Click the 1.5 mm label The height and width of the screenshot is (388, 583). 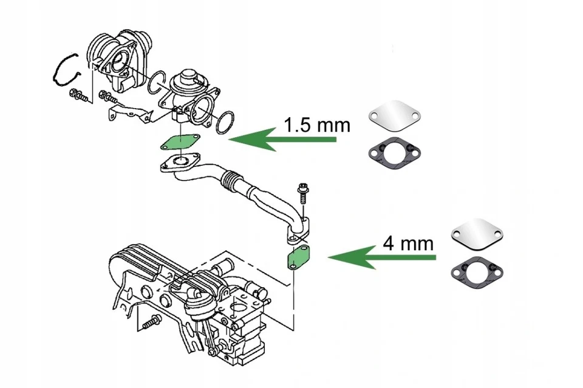pos(318,126)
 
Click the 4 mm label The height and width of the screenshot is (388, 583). pos(408,244)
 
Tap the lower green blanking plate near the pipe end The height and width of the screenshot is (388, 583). pos(298,257)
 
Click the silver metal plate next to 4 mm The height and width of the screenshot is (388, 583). pos(478,233)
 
